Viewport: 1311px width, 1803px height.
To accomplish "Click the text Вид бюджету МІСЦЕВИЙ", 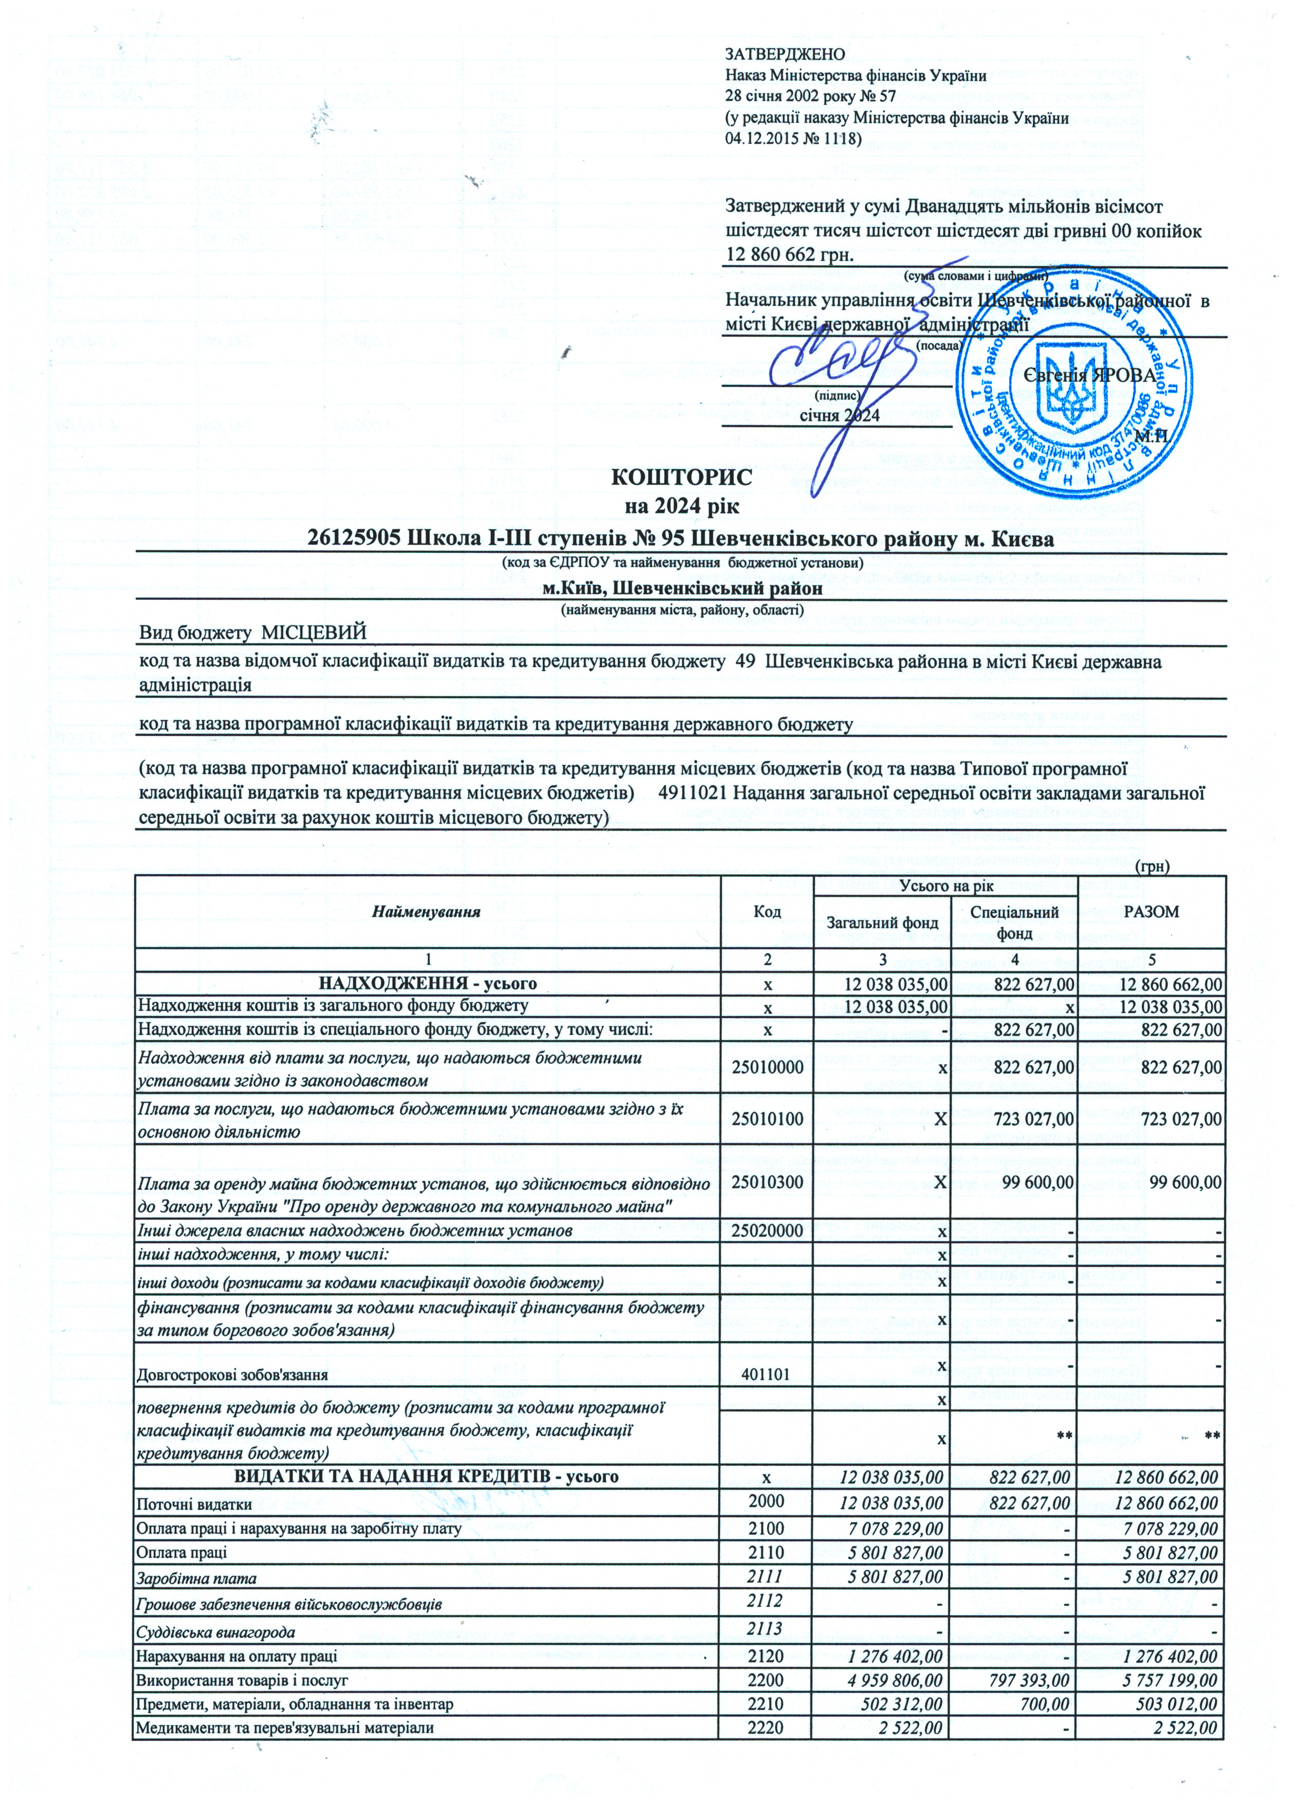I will (253, 633).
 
